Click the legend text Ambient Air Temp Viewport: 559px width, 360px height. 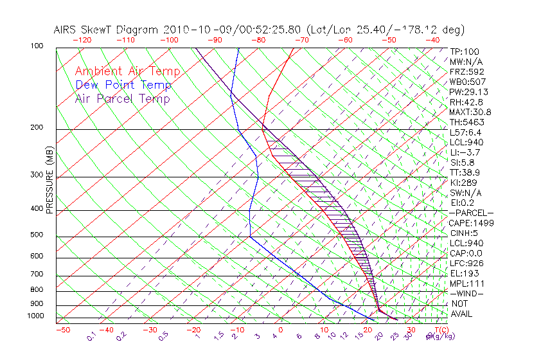click(127, 71)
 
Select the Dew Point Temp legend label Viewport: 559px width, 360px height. click(123, 85)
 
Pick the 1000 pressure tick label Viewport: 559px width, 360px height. click(36, 316)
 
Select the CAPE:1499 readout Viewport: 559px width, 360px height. click(472, 223)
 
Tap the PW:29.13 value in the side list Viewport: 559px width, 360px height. click(468, 92)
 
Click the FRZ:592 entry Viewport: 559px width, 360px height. click(466, 71)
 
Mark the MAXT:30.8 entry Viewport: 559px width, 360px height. click(471, 112)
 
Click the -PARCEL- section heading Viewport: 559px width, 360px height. click(471, 213)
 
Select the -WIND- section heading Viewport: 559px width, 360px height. click(466, 294)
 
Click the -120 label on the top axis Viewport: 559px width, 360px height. click(82, 40)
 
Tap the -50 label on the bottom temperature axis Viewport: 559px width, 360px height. click(62, 330)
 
